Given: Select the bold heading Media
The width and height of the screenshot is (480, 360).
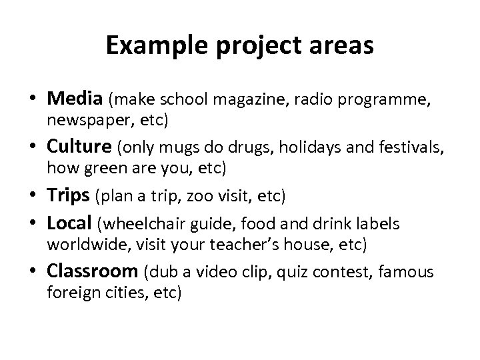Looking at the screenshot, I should click(x=73, y=100).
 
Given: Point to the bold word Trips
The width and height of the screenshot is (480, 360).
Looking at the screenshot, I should click(x=68, y=196).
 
